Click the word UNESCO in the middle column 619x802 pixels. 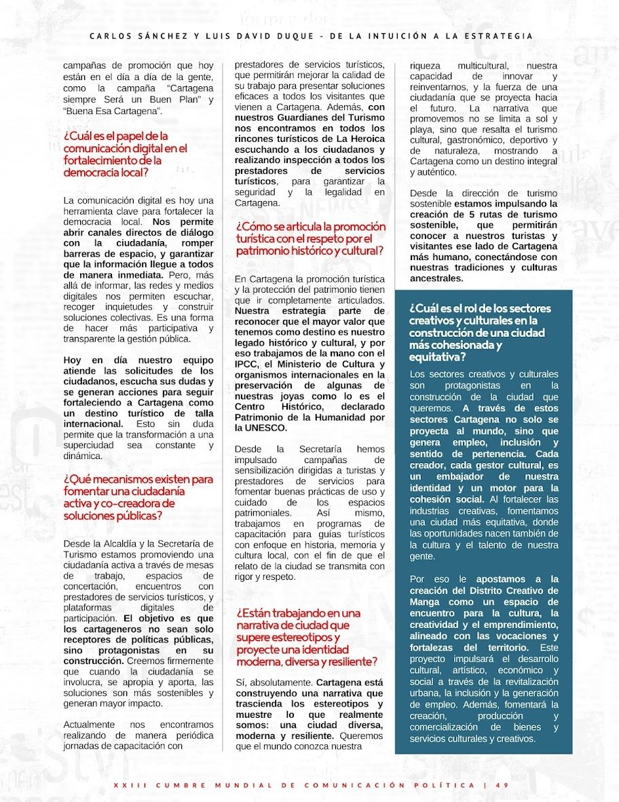pos(267,428)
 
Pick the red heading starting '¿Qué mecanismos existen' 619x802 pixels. pos(138,497)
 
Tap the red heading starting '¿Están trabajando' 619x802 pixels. pos(306,637)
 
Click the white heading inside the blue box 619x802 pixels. pos(480,332)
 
